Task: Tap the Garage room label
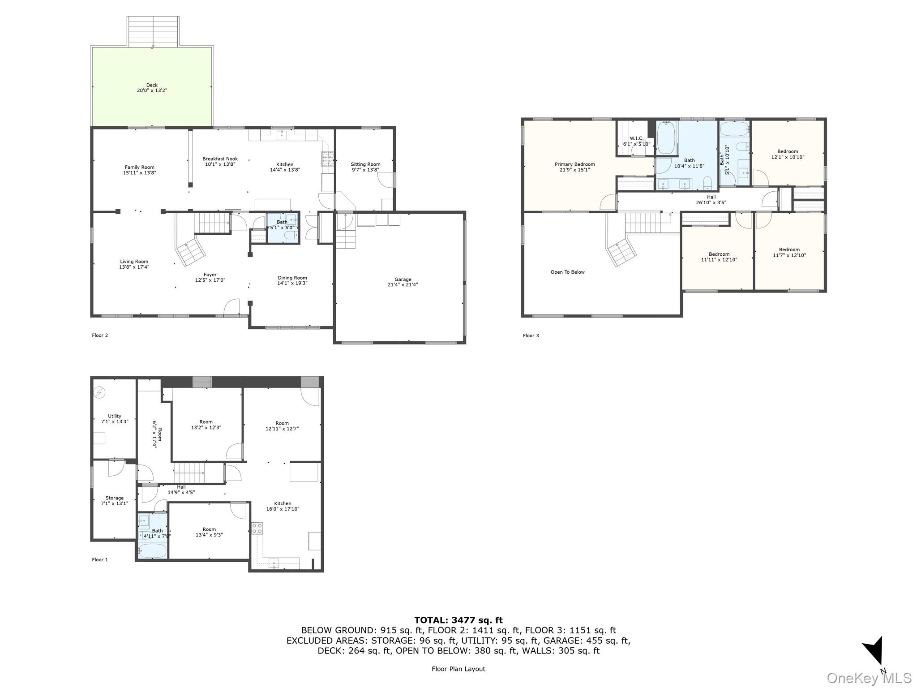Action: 403,282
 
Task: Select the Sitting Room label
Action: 365,167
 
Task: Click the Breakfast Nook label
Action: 220,161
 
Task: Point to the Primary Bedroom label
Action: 575,167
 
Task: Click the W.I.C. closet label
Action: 637,141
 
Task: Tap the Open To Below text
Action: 568,272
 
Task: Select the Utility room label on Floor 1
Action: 115,419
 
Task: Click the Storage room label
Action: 115,500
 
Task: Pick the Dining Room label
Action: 292,280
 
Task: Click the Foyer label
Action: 210,277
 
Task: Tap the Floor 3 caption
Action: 531,335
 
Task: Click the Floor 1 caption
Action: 100,559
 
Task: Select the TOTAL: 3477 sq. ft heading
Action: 458,620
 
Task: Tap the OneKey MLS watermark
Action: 869,678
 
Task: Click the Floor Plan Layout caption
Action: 458,669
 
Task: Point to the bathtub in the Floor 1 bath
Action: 152,550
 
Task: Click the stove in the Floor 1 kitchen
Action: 257,529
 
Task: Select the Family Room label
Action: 140,170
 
